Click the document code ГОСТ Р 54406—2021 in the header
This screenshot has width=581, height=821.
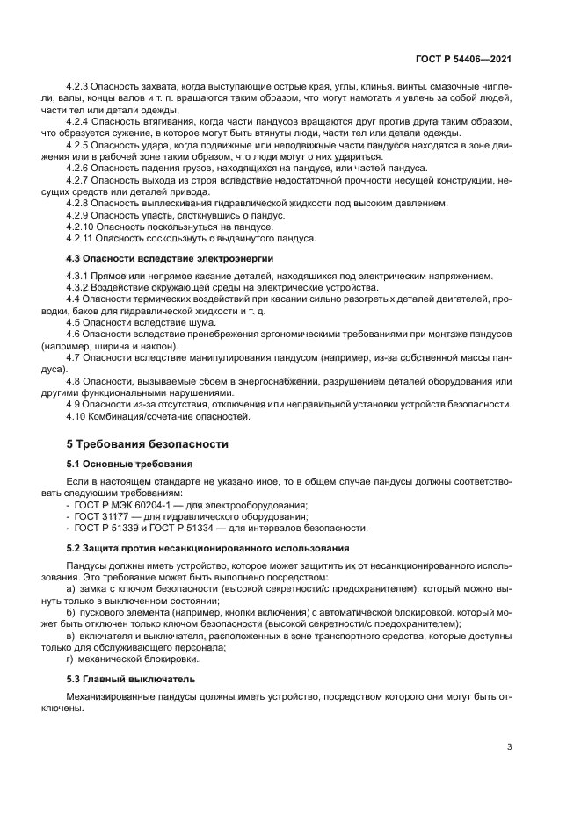click(x=464, y=59)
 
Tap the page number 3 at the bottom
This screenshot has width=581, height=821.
click(x=510, y=748)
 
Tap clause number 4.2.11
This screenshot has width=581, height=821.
click(x=83, y=238)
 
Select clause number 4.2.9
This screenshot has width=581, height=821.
click(x=80, y=214)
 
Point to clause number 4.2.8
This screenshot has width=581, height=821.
click(x=80, y=203)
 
